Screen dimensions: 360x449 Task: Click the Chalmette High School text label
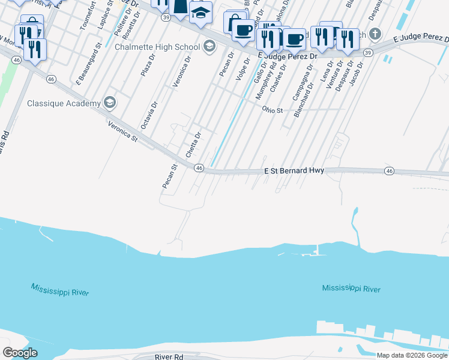click(x=157, y=46)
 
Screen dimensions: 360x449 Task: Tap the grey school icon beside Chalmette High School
click(x=209, y=46)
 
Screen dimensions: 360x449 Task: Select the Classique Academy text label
click(x=64, y=103)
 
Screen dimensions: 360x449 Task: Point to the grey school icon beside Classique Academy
click(x=110, y=103)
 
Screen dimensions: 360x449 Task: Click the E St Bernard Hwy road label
click(x=294, y=171)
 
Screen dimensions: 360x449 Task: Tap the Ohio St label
click(x=272, y=110)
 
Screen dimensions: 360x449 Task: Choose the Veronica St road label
click(x=123, y=131)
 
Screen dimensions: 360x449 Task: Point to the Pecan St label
click(x=169, y=176)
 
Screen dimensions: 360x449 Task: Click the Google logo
click(x=20, y=352)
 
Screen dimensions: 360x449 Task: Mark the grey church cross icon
click(x=375, y=33)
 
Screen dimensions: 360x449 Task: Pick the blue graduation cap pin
click(x=200, y=11)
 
